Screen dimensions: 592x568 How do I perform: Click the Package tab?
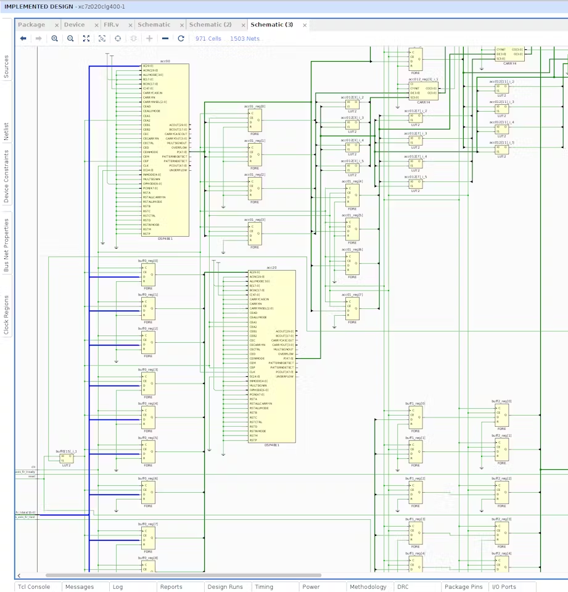(31, 25)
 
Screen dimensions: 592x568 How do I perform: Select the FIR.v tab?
(111, 25)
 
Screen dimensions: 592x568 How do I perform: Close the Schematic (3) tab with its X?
(305, 25)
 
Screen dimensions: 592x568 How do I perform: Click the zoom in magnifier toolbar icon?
(54, 38)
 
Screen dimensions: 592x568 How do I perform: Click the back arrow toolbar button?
(23, 38)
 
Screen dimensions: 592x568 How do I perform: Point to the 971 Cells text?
(208, 38)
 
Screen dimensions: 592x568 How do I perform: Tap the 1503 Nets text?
(245, 38)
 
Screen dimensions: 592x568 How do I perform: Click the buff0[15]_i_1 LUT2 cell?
(67, 459)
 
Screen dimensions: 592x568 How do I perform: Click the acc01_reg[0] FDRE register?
(255, 121)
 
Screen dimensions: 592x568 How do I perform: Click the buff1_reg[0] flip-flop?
(416, 418)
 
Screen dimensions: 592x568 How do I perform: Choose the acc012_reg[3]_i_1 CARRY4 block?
(423, 91)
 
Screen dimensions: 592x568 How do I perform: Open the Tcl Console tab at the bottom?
(34, 587)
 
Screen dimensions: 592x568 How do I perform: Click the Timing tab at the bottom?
(264, 587)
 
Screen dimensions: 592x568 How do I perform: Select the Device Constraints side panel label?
(7, 177)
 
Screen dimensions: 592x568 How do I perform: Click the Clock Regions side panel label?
(7, 315)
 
